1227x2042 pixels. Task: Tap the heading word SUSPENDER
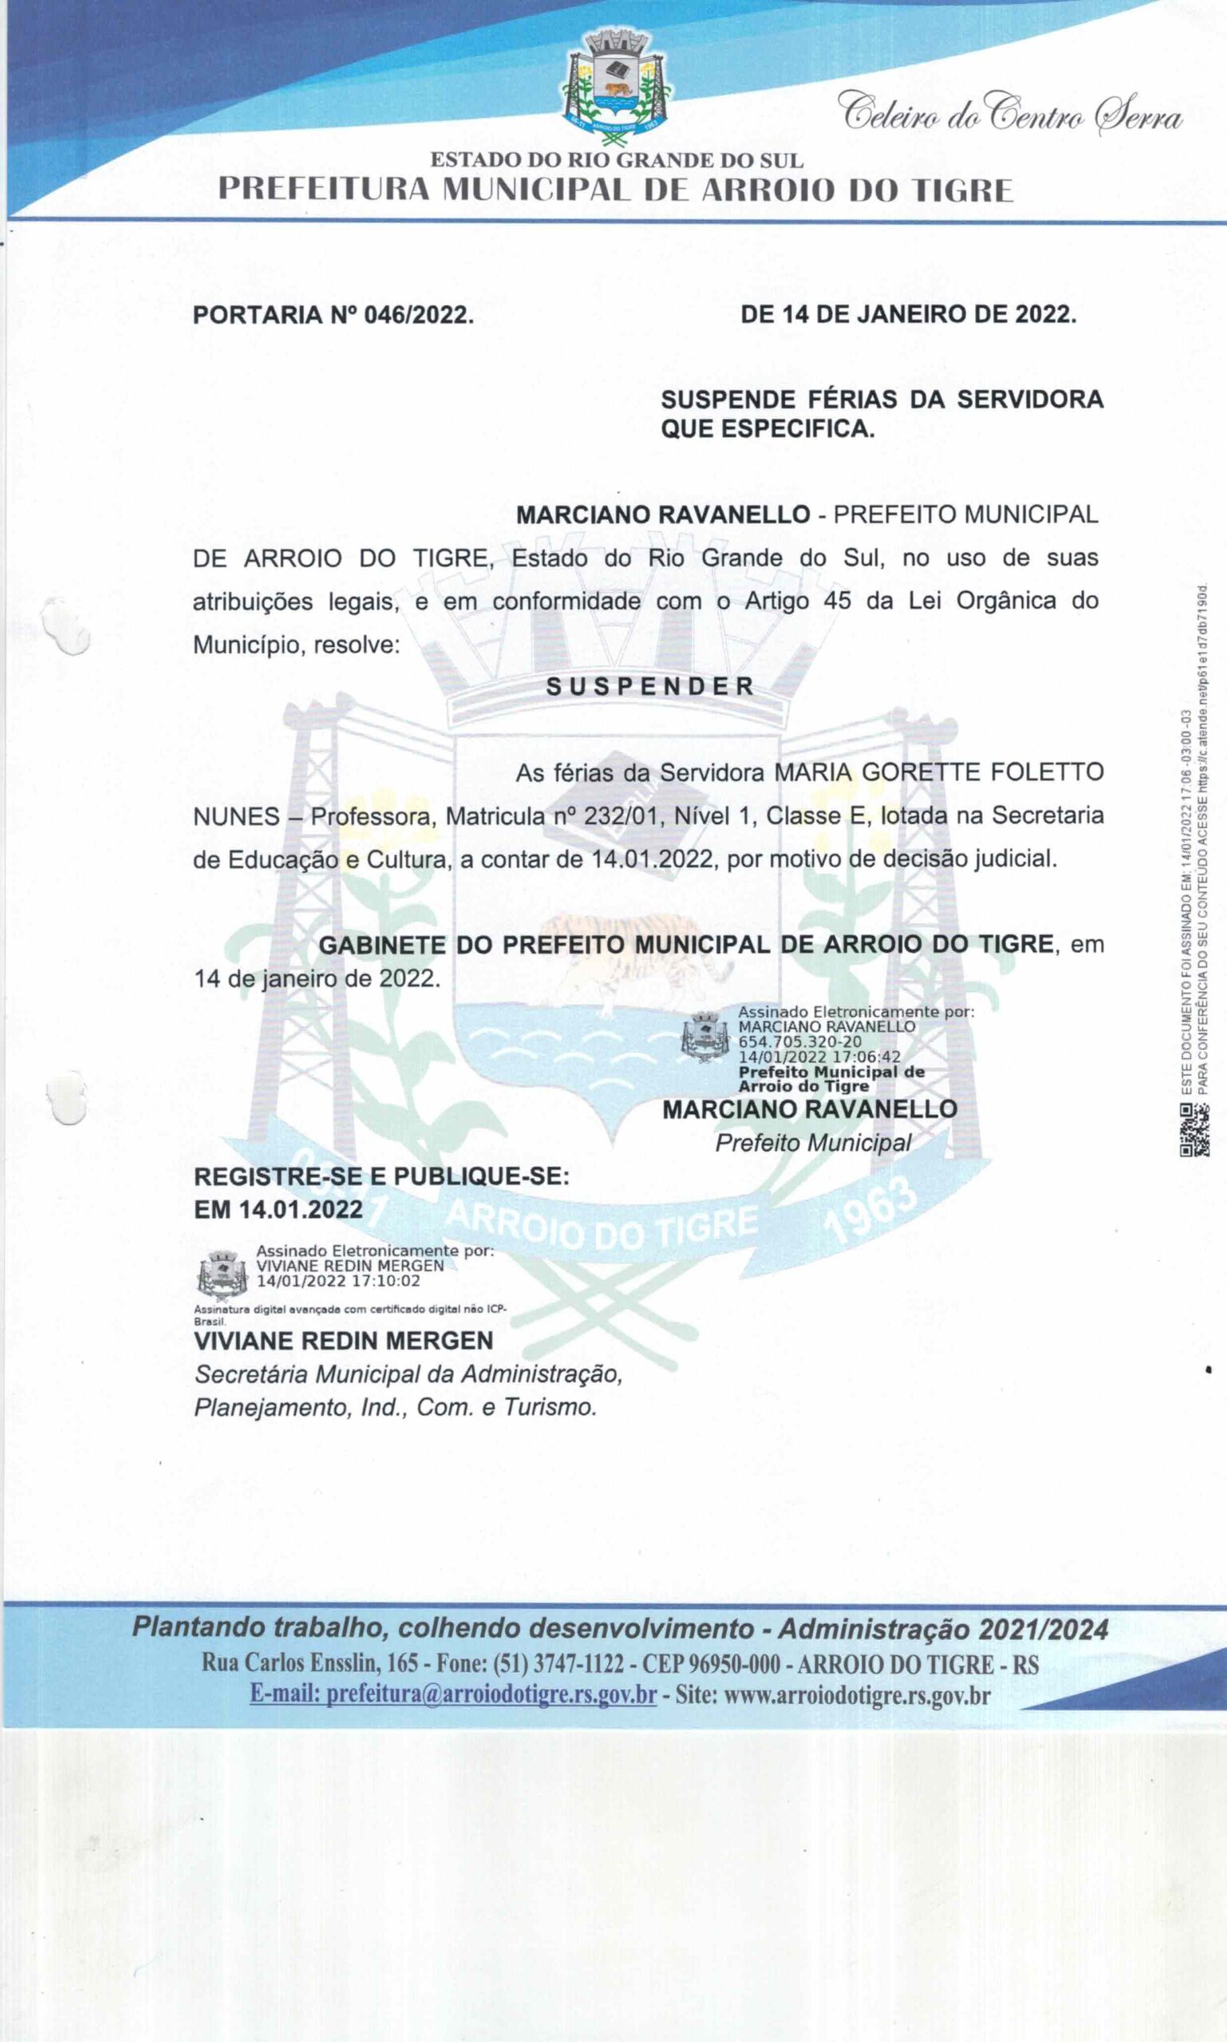(x=651, y=686)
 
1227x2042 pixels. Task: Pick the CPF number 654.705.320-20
(x=799, y=1042)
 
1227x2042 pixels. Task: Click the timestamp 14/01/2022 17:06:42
(x=819, y=1057)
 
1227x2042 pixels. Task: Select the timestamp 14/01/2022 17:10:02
(x=338, y=1280)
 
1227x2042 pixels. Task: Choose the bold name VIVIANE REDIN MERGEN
(x=343, y=1340)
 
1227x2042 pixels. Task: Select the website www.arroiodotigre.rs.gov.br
(x=857, y=1695)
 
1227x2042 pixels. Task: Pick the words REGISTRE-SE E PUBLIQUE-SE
(x=381, y=1177)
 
